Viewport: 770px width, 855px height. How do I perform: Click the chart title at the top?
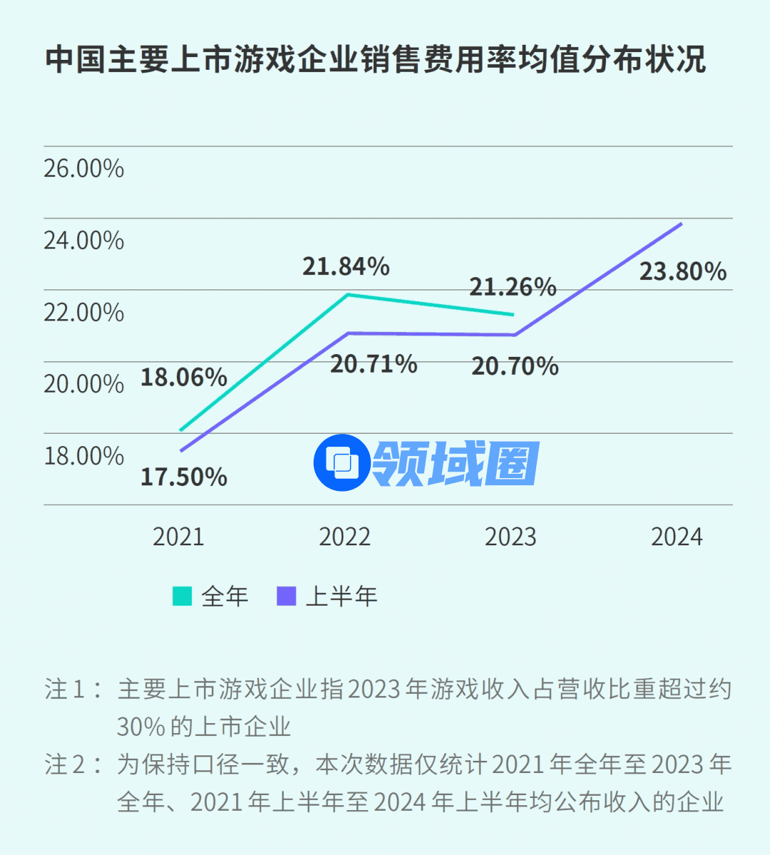pos(376,60)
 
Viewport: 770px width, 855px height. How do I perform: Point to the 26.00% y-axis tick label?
pos(83,169)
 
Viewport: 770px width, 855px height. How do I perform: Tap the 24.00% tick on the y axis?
pos(83,241)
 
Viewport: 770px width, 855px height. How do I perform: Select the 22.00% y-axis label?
pos(83,312)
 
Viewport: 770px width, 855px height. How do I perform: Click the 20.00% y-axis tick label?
pos(83,384)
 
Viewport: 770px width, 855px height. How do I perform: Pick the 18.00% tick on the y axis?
pos(83,456)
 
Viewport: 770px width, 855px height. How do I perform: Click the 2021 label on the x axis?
pos(178,537)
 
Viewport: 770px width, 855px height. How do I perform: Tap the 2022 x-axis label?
pos(344,537)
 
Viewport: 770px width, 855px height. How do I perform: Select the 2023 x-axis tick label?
pos(510,537)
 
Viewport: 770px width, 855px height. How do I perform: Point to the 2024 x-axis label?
pos(677,537)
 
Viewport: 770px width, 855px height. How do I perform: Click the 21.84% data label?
pos(346,266)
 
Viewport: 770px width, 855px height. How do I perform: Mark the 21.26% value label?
pos(513,287)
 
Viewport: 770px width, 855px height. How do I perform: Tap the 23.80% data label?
pos(683,271)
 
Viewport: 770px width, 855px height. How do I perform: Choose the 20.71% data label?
pos(374,364)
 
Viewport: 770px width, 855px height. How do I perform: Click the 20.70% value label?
pos(515,366)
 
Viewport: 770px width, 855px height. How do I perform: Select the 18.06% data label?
pos(184,377)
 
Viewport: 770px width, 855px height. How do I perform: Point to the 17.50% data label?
pos(184,477)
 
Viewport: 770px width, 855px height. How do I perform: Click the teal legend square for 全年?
pos(183,596)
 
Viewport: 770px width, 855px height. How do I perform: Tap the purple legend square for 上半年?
pos(286,596)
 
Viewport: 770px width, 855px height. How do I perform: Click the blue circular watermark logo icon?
pos(342,462)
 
